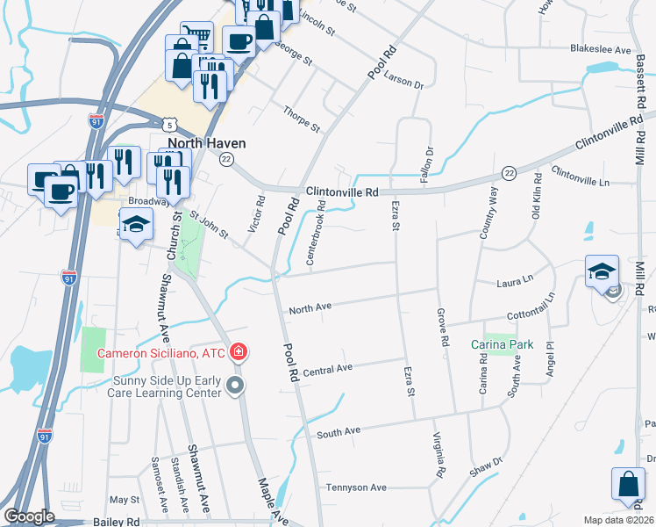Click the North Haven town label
click(208, 143)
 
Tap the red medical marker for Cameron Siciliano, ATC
click(237, 353)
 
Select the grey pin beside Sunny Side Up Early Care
click(233, 386)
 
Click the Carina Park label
click(496, 344)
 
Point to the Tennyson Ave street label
click(356, 487)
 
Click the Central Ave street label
click(326, 372)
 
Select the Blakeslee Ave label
click(601, 50)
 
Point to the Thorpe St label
click(301, 119)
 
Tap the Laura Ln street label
click(515, 282)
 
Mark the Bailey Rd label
click(116, 521)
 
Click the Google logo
click(29, 516)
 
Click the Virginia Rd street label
click(440, 455)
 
